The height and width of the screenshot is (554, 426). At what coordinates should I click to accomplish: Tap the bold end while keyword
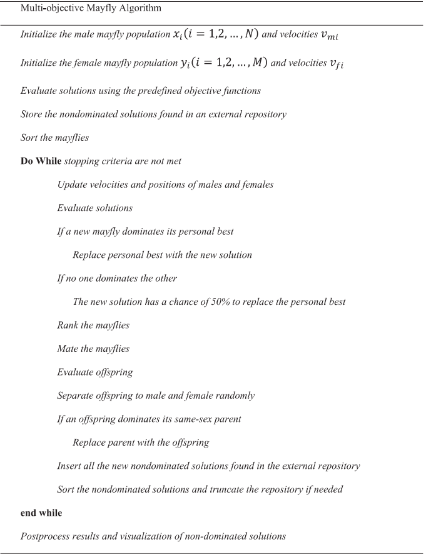41,513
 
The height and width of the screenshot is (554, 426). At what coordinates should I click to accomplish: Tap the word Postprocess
44,536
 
